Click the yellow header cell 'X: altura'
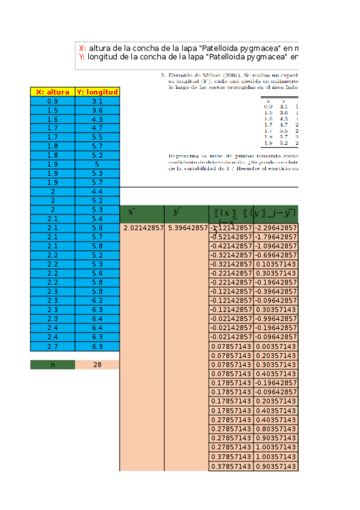[x=52, y=92]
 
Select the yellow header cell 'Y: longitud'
[x=97, y=92]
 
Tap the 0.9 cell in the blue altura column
[x=52, y=102]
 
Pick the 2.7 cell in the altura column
[x=52, y=346]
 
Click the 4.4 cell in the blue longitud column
[x=97, y=192]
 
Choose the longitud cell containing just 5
[x=97, y=164]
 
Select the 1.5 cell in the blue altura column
[x=52, y=111]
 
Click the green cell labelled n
[x=52, y=365]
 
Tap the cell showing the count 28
[x=97, y=365]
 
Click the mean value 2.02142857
[x=142, y=229]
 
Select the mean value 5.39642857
[x=186, y=229]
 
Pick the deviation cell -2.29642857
[x=275, y=229]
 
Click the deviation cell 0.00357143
[x=275, y=346]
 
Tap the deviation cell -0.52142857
[x=231, y=238]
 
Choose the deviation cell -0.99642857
[x=275, y=319]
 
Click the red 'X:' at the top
[x=82, y=48]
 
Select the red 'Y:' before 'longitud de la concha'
[x=82, y=57]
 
